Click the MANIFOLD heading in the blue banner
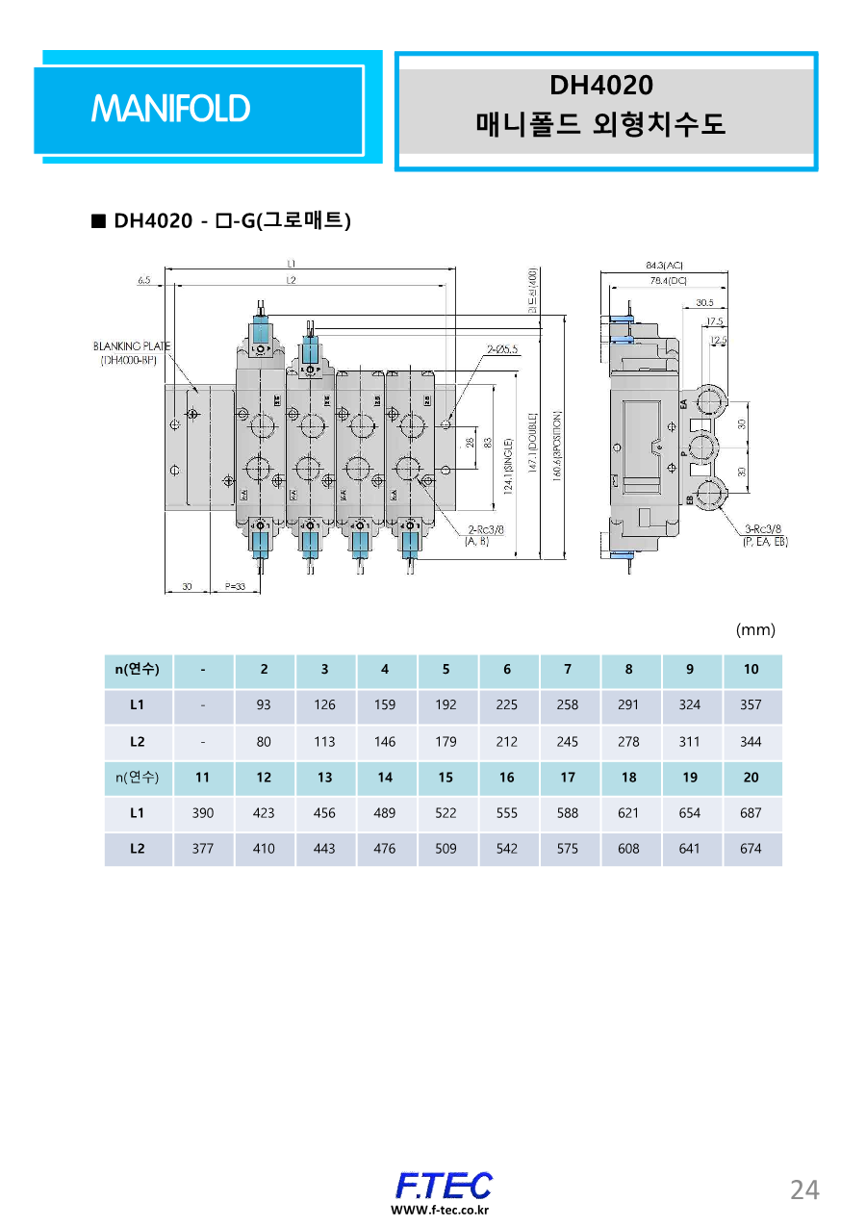click(170, 109)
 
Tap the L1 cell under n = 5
click(446, 704)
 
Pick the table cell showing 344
click(751, 741)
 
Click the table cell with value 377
click(202, 849)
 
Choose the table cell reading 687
click(751, 812)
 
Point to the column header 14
click(385, 777)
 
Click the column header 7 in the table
click(568, 669)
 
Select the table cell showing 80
click(264, 741)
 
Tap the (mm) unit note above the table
click(755, 629)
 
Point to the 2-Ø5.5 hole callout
click(503, 349)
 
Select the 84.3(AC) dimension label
click(664, 265)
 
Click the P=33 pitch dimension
click(236, 585)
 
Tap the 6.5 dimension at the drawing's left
click(144, 280)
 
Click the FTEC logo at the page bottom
click(444, 1185)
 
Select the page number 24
click(804, 1189)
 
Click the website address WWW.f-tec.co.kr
click(439, 1210)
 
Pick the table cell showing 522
click(446, 812)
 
